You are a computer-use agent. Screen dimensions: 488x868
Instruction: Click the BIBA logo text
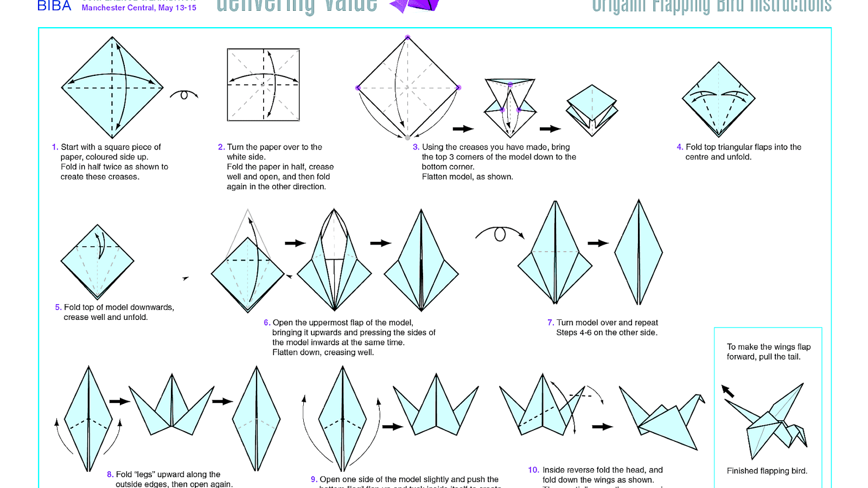click(54, 6)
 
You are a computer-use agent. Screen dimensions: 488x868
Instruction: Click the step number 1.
click(55, 147)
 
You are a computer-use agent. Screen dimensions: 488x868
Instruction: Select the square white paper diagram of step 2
click(263, 85)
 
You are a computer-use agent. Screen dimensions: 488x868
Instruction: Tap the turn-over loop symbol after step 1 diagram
click(184, 95)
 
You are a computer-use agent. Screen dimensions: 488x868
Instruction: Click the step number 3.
click(416, 147)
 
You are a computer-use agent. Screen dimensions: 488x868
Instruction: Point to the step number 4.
click(679, 147)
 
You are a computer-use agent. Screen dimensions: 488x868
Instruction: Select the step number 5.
click(58, 307)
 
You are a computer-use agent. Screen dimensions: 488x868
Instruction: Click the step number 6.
click(266, 323)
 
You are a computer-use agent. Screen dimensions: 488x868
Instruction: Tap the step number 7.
click(550, 323)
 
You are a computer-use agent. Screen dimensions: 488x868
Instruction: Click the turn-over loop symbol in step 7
click(500, 234)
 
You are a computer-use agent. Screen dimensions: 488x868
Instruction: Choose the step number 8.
click(110, 474)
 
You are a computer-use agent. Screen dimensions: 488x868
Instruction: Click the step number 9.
click(314, 479)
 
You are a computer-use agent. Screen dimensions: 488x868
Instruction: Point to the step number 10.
click(533, 470)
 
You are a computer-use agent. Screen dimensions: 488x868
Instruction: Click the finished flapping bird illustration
click(770, 423)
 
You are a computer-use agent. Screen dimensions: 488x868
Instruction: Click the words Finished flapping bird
click(767, 471)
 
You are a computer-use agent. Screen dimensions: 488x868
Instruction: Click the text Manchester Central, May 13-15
click(139, 8)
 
